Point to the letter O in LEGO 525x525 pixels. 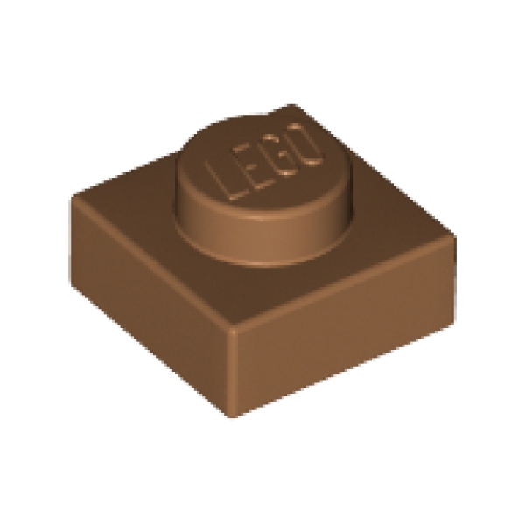point(304,144)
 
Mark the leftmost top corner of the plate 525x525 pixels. point(73,197)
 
